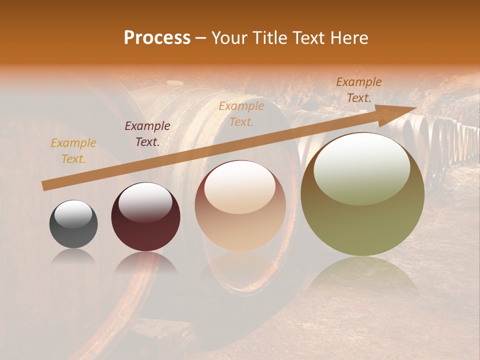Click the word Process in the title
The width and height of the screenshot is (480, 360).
point(157,38)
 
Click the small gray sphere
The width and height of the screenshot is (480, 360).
point(73,224)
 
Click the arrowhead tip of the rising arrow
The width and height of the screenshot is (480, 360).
point(415,107)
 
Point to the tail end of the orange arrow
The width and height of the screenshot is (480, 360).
point(44,186)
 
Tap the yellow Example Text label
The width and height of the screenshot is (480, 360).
point(73,151)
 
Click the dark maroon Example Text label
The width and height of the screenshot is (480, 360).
point(147,134)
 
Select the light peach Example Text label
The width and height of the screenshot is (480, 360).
point(241,113)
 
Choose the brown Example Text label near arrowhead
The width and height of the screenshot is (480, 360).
point(359,90)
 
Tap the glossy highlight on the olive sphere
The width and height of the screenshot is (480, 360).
point(362,167)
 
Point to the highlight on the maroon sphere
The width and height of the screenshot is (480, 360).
point(145,202)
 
